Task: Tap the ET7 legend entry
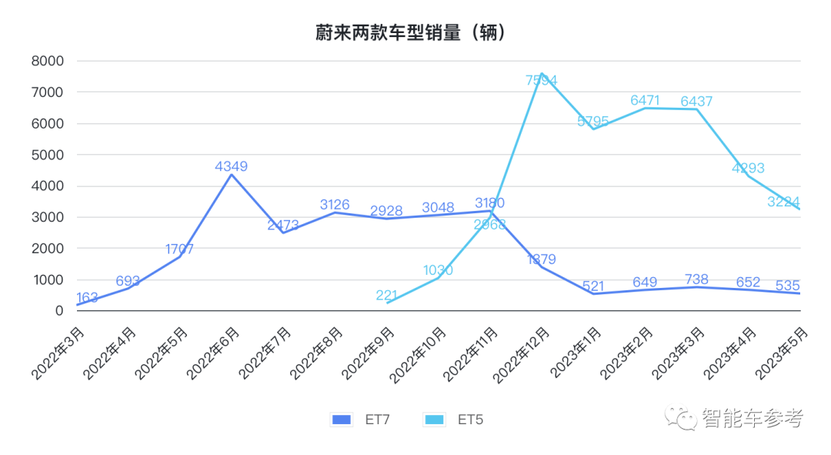click(x=361, y=420)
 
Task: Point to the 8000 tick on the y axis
click(x=48, y=61)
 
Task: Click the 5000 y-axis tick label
click(x=48, y=155)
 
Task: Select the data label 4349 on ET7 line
click(x=232, y=166)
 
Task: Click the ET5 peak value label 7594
click(x=541, y=79)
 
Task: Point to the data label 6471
click(x=645, y=100)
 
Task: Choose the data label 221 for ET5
click(x=387, y=295)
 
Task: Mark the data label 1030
click(x=438, y=270)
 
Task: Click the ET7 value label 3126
click(x=335, y=205)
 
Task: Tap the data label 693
click(x=128, y=281)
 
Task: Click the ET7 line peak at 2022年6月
click(x=232, y=175)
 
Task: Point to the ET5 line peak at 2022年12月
click(x=541, y=74)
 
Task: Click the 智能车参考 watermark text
click(x=753, y=419)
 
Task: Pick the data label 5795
click(x=593, y=121)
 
